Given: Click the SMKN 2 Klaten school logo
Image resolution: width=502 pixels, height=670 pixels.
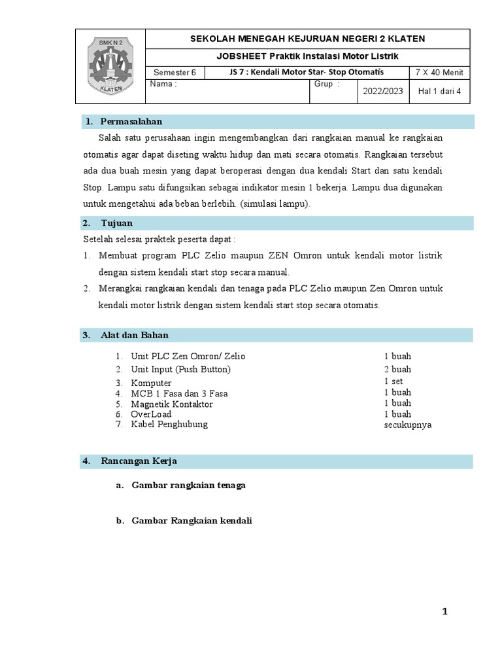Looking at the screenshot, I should click(x=110, y=66).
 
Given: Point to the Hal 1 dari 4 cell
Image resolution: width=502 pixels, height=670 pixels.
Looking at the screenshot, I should click(x=439, y=92).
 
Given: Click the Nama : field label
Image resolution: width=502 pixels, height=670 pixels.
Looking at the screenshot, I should click(x=163, y=84).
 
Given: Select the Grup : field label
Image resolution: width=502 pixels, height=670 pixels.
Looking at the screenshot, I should click(x=327, y=84).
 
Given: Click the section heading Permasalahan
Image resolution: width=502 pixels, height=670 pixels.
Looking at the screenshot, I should click(x=131, y=122).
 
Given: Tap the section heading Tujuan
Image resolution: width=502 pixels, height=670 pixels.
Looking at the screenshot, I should click(x=116, y=223).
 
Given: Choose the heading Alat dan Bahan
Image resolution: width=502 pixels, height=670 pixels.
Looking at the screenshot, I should click(x=134, y=335).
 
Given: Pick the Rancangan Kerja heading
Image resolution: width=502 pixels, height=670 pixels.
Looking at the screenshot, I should click(x=139, y=461).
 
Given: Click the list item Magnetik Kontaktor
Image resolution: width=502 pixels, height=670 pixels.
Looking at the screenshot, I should click(x=171, y=404).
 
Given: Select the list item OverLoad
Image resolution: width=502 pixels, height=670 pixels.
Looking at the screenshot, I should click(x=151, y=414).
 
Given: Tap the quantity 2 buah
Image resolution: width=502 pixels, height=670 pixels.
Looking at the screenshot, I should click(x=397, y=370).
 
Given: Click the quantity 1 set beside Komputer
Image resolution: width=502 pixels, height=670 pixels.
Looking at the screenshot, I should click(x=393, y=381).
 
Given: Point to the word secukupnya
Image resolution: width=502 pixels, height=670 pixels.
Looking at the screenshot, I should click(x=407, y=425).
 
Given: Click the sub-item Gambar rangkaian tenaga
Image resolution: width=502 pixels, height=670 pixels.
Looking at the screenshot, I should click(x=188, y=485).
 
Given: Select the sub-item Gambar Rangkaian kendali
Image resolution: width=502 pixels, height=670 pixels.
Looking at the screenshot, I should click(x=192, y=521).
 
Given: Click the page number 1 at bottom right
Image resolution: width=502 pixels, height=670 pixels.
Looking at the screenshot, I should click(x=445, y=612).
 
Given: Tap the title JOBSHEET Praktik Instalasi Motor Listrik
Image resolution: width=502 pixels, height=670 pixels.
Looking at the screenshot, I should click(x=307, y=56).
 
